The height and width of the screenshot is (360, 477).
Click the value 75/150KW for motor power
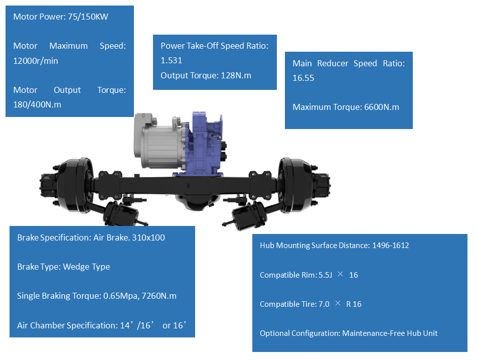tap(88, 17)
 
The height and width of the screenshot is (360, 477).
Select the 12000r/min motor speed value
tap(36, 61)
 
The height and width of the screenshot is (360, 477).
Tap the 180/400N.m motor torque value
tap(37, 105)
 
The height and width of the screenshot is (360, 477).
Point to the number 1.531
tap(171, 60)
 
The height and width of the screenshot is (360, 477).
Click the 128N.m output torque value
tap(236, 75)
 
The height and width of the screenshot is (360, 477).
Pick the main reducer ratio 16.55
tap(303, 78)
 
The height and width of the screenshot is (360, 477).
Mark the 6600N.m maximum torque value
tap(382, 107)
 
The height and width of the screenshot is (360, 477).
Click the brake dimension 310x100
tap(148, 237)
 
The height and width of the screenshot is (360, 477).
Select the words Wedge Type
tap(86, 267)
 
